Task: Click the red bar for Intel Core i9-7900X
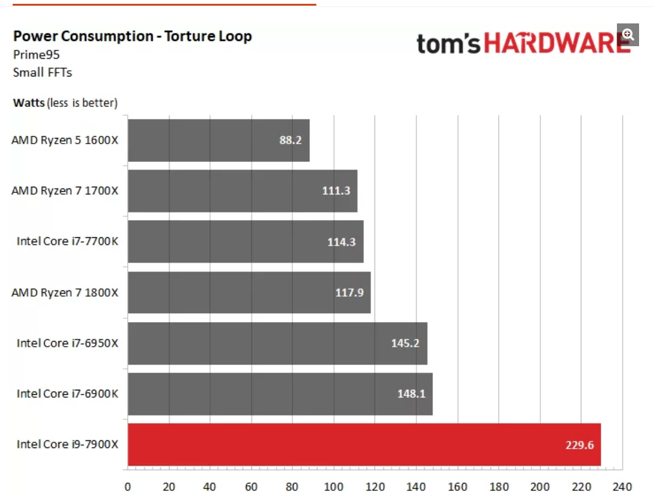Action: [364, 444]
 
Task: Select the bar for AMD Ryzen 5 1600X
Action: [218, 140]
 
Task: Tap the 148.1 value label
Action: [412, 394]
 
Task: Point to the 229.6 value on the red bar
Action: [580, 444]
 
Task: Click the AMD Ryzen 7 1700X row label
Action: [65, 190]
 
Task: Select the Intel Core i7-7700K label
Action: [67, 241]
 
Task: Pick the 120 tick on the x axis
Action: [375, 487]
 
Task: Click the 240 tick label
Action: [623, 487]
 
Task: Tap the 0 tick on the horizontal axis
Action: [128, 487]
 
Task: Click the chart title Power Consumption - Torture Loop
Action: [132, 36]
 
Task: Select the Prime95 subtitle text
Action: [36, 55]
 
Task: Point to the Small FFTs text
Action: [42, 72]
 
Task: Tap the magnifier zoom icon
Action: [628, 34]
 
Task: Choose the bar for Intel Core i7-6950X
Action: [277, 343]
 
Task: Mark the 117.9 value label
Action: [350, 292]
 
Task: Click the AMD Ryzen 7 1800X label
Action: [65, 292]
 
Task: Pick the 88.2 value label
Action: [290, 140]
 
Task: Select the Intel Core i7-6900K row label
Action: [67, 394]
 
